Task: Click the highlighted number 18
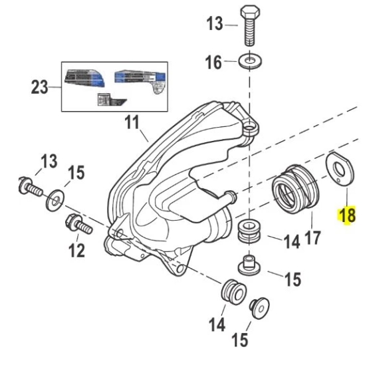[x=347, y=215]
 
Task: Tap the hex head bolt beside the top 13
[x=250, y=26]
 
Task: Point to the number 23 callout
[x=39, y=87]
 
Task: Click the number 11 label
[x=132, y=122]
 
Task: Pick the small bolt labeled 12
[x=79, y=223]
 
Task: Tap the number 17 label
[x=313, y=237]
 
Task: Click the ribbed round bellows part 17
[x=295, y=189]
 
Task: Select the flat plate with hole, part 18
[x=340, y=169]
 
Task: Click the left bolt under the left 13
[x=29, y=187]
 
